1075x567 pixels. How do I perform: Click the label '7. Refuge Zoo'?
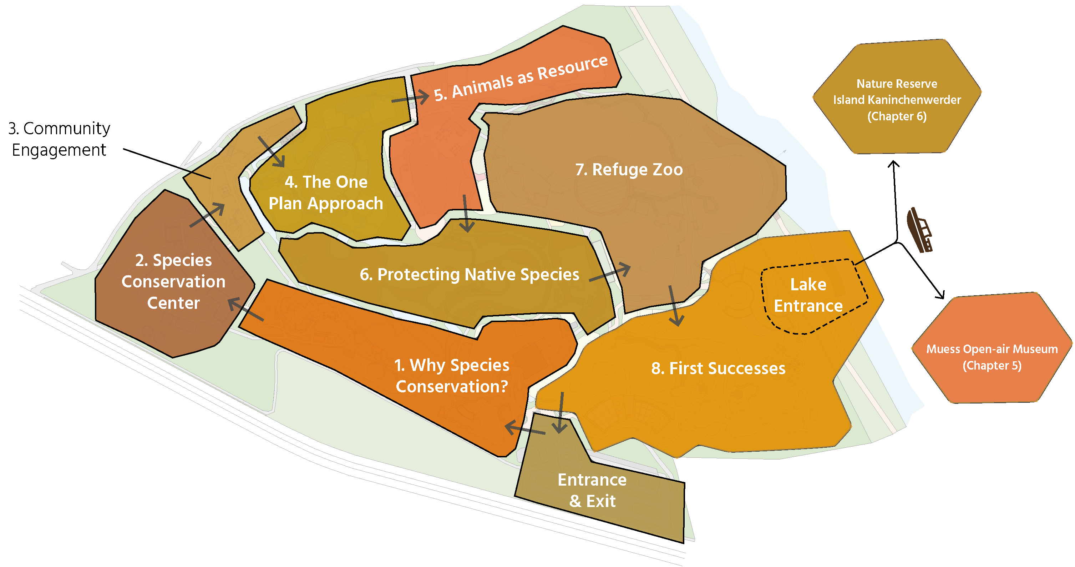[x=629, y=170]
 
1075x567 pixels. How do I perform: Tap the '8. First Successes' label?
[x=718, y=368]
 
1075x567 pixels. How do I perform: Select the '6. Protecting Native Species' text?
[x=469, y=274]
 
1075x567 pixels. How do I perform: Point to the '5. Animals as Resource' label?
[x=521, y=78]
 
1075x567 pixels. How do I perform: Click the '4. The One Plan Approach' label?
[x=326, y=193]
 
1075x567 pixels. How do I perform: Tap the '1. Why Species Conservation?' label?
[x=452, y=375]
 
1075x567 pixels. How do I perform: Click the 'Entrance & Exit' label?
[x=592, y=490]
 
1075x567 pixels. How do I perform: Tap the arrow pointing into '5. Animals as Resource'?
[x=410, y=98]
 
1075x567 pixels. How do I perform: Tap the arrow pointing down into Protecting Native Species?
[x=466, y=213]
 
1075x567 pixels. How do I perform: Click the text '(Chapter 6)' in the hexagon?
[x=897, y=116]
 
